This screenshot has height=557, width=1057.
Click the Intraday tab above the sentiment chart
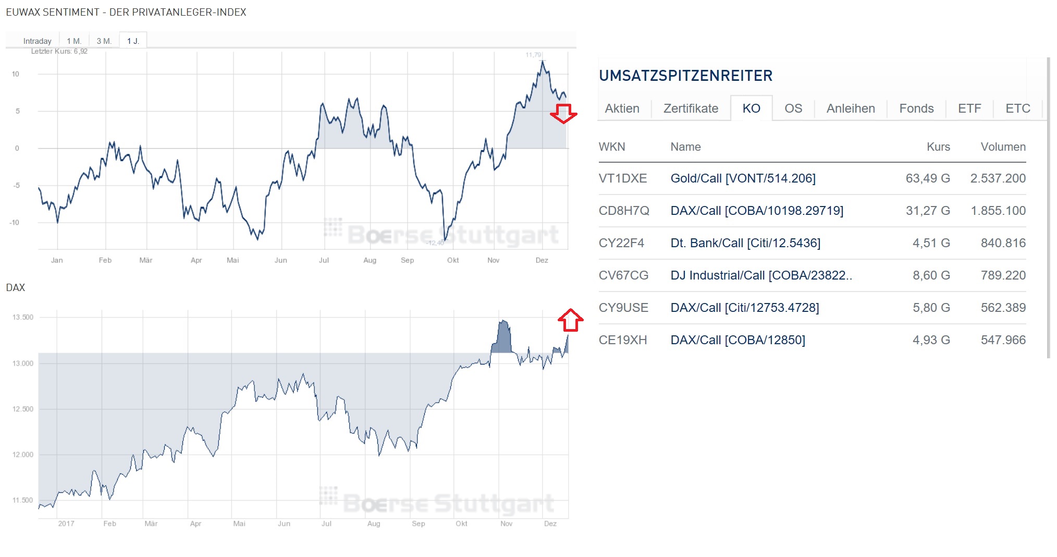(x=37, y=41)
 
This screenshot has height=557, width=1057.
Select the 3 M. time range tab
(x=104, y=41)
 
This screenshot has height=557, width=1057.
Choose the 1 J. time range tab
(x=133, y=41)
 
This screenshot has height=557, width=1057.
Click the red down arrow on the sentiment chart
(x=563, y=113)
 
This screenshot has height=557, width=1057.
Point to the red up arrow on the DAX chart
(x=570, y=320)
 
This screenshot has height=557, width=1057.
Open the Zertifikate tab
(x=690, y=108)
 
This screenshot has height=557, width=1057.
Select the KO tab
(x=751, y=108)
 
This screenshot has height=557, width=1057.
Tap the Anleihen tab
(x=850, y=108)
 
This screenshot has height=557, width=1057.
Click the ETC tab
(x=1017, y=108)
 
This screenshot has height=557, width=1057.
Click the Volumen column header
(x=1003, y=147)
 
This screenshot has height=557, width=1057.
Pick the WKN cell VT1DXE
(x=622, y=178)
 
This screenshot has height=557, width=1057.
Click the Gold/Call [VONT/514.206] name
(x=743, y=178)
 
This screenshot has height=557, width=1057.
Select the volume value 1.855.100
(x=998, y=211)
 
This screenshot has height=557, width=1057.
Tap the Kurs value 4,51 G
(x=931, y=243)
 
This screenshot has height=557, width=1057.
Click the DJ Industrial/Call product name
(x=761, y=275)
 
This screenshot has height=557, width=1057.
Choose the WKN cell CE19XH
(x=622, y=340)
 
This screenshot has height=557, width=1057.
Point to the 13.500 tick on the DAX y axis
(x=22, y=317)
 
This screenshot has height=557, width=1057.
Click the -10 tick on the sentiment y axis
(x=14, y=223)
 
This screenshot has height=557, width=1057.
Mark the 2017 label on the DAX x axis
(x=66, y=524)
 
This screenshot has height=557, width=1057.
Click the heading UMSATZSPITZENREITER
(x=685, y=76)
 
